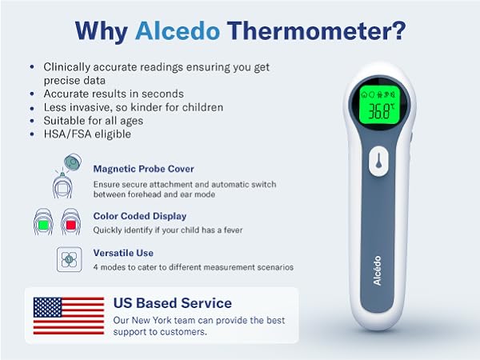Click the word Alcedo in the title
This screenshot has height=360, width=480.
coord(178,30)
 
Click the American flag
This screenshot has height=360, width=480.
coord(69,315)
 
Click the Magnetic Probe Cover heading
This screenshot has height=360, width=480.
coord(143,169)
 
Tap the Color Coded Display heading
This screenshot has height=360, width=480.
coord(139,215)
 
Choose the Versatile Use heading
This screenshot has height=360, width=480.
coord(123,253)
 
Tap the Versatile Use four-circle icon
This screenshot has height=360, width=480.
coord(70,258)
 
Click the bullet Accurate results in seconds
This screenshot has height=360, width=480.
coord(114,94)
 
